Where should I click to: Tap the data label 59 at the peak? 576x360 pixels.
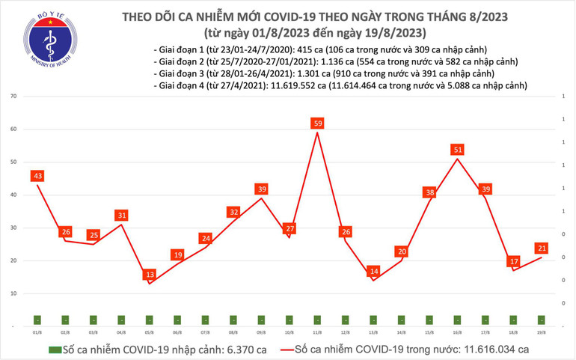click(317, 123)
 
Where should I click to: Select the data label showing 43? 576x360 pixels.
click(36, 176)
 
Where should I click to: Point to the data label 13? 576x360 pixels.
click(150, 274)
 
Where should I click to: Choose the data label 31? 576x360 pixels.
click(122, 216)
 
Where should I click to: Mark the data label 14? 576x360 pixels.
click(373, 271)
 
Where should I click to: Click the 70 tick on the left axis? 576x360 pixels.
click(14, 97)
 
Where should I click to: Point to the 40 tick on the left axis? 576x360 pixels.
click(14, 195)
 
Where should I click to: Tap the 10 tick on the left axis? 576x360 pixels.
click(14, 294)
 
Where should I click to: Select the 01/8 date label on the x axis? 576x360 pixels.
click(36, 330)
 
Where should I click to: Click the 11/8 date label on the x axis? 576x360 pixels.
click(317, 330)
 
